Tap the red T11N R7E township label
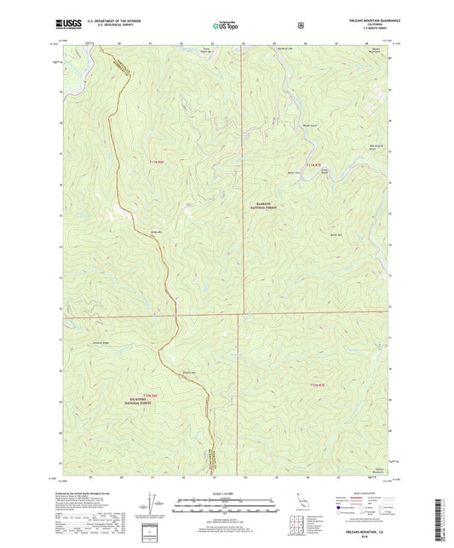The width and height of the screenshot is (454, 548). [x=315, y=163]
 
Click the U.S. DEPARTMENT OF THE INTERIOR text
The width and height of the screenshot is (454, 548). [x=114, y=24]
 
